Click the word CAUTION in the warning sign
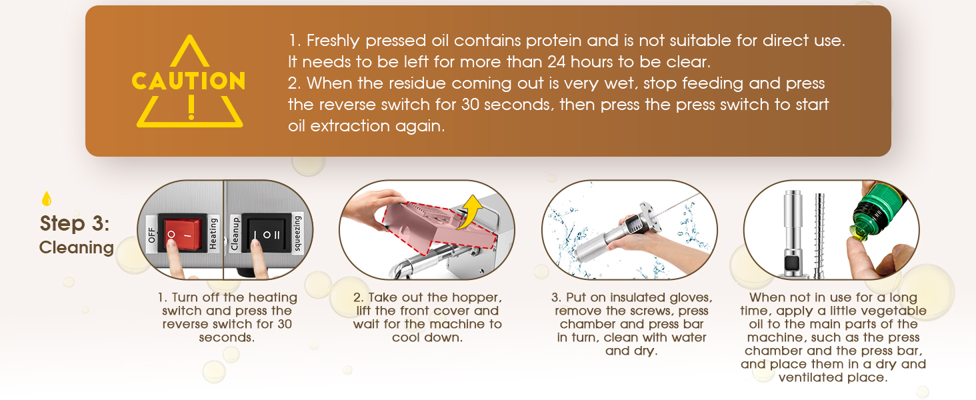[x=189, y=81]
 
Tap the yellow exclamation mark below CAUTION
[x=191, y=107]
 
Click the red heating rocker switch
[x=182, y=235]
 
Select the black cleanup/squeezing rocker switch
[x=265, y=235]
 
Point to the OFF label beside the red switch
[x=150, y=235]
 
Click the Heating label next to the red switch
[x=213, y=234]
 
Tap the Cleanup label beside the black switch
[x=235, y=233]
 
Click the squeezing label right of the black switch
[x=297, y=234]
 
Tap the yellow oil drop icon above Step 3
[x=46, y=199]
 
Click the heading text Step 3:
[x=75, y=223]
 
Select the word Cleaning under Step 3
[x=77, y=247]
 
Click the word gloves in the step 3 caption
[x=689, y=297]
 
